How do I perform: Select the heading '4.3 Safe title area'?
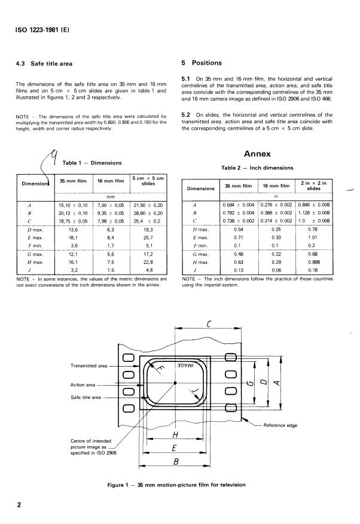(x=47, y=62)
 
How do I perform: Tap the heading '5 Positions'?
(x=201, y=62)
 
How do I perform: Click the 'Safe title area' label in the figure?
(x=86, y=397)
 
